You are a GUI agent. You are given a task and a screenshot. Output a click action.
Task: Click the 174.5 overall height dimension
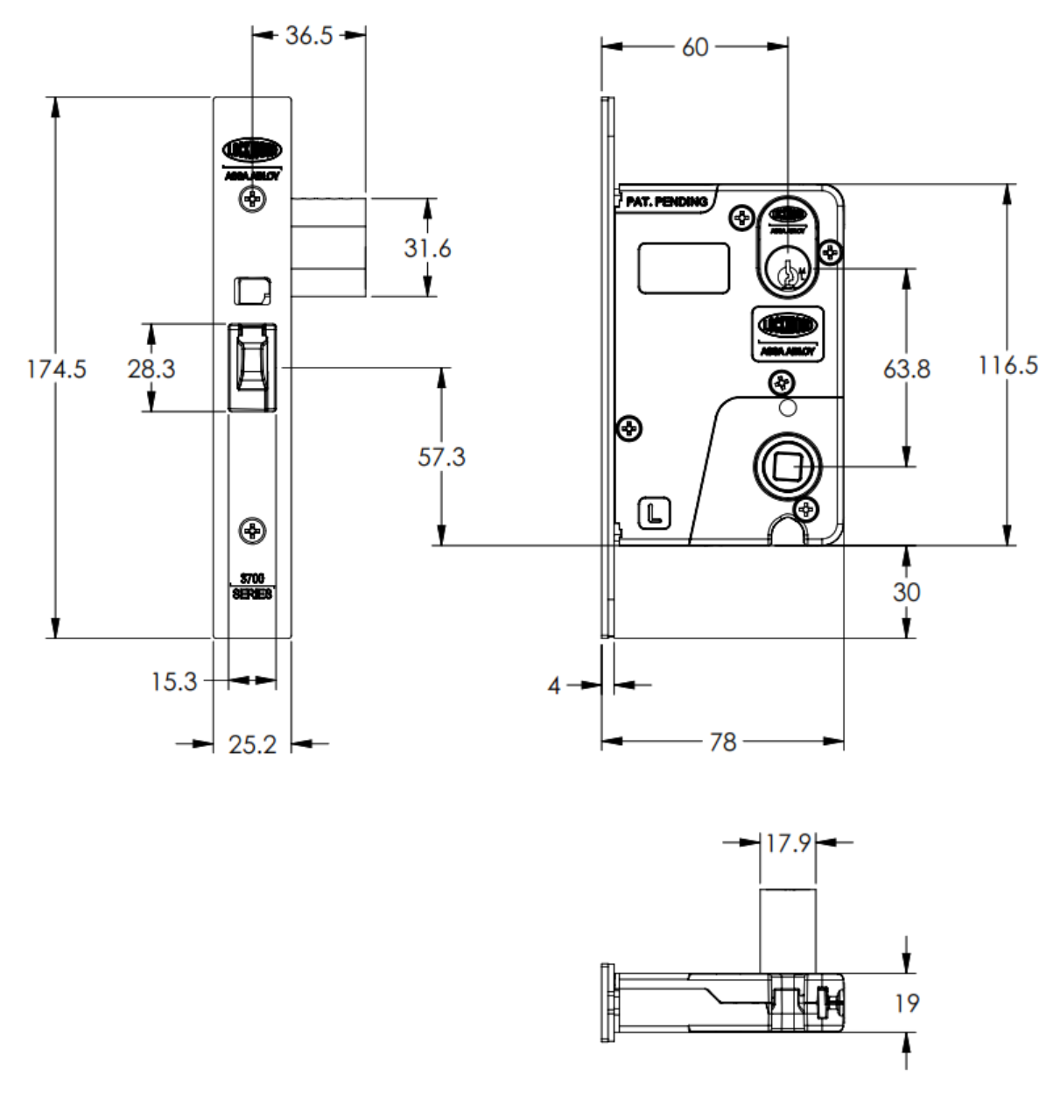tap(56, 369)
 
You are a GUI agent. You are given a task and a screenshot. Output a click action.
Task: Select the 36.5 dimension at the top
tap(309, 36)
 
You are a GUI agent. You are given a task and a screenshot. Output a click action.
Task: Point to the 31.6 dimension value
tap(427, 248)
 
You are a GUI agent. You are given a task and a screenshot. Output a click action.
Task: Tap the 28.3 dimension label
tap(151, 369)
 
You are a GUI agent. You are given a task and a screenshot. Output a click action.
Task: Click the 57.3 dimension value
tap(441, 456)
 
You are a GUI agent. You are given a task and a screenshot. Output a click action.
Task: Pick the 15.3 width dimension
tap(174, 681)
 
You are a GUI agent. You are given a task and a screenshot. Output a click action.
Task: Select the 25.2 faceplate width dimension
tap(252, 744)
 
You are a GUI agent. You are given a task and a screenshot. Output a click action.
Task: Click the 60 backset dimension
tap(694, 47)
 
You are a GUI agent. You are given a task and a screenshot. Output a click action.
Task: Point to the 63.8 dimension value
tap(906, 369)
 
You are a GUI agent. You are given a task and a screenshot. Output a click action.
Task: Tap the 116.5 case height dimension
tap(1008, 365)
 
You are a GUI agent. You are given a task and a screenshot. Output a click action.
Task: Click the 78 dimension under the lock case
tap(722, 743)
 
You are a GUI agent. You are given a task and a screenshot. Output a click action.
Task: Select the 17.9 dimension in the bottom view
tap(788, 843)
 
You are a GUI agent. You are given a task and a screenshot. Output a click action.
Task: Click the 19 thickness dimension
tap(907, 1003)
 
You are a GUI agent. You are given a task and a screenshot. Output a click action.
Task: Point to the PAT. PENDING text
tap(666, 201)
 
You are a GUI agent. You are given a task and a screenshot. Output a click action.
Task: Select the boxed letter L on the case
tap(653, 513)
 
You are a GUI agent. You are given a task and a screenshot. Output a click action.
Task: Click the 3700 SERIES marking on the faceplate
tap(252, 587)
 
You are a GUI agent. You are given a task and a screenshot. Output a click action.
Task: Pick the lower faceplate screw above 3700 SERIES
tap(253, 531)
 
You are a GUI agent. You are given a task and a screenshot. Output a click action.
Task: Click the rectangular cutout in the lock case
tap(684, 267)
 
